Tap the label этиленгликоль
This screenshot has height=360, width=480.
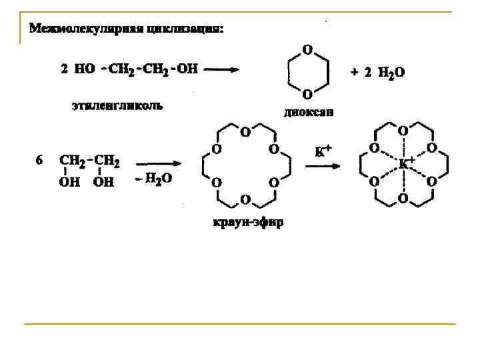tap(117, 106)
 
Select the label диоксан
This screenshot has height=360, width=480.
tap(309, 112)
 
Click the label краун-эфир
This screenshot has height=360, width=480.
tap(247, 222)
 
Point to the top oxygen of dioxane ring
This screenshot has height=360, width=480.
tap(307, 49)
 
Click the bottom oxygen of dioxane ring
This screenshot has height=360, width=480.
tap(307, 93)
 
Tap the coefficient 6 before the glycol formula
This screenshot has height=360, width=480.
tap(39, 160)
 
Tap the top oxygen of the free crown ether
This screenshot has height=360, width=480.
tap(245, 131)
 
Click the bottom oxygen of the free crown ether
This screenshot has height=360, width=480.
tap(245, 199)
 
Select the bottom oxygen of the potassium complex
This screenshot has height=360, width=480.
tap(403, 198)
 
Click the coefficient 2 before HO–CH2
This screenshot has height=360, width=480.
tap(64, 69)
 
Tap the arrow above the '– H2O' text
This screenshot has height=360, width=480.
tap(158, 163)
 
